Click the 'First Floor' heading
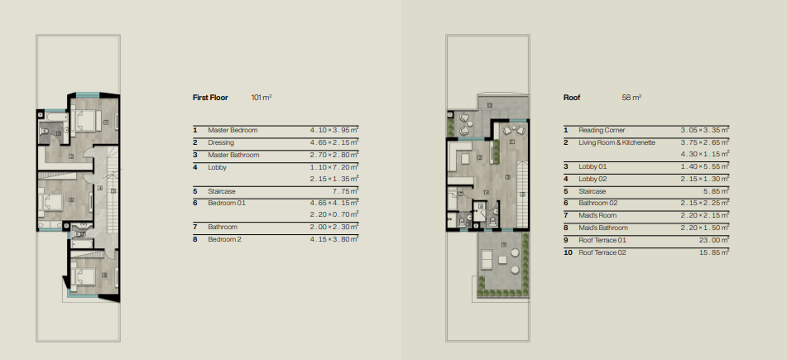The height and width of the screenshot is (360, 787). pyautogui.click(x=210, y=98)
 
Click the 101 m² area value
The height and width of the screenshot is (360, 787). pyautogui.click(x=262, y=98)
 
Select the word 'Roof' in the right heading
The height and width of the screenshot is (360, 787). pyautogui.click(x=572, y=98)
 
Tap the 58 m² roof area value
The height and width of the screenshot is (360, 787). pyautogui.click(x=631, y=98)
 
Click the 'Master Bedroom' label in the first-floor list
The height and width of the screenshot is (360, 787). pyautogui.click(x=233, y=130)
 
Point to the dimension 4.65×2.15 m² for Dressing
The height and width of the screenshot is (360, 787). pyautogui.click(x=334, y=142)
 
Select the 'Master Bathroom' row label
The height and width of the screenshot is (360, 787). pyautogui.click(x=233, y=155)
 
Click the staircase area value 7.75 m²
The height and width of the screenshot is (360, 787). pyautogui.click(x=346, y=191)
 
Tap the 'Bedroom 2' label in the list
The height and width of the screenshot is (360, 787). pyautogui.click(x=224, y=239)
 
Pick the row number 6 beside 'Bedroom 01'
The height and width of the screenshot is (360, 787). pyautogui.click(x=194, y=203)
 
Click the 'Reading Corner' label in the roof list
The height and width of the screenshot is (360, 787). pyautogui.click(x=602, y=130)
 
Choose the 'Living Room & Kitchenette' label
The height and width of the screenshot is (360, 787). pyautogui.click(x=617, y=142)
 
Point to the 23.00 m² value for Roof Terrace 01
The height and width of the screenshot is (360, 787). pyautogui.click(x=710, y=240)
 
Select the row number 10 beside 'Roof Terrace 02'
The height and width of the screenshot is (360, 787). pyautogui.click(x=568, y=252)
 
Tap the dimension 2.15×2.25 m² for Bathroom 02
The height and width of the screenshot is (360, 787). pyautogui.click(x=705, y=203)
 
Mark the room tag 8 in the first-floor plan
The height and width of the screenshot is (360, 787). pyautogui.click(x=104, y=275)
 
